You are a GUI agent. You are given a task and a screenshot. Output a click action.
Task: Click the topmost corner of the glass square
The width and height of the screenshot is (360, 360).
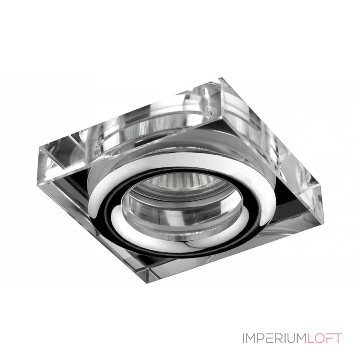tap(221, 78)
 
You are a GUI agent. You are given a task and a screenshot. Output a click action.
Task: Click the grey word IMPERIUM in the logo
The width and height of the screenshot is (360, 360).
tap(274, 338)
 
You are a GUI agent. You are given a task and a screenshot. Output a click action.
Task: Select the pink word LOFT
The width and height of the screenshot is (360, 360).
tap(324, 338)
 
